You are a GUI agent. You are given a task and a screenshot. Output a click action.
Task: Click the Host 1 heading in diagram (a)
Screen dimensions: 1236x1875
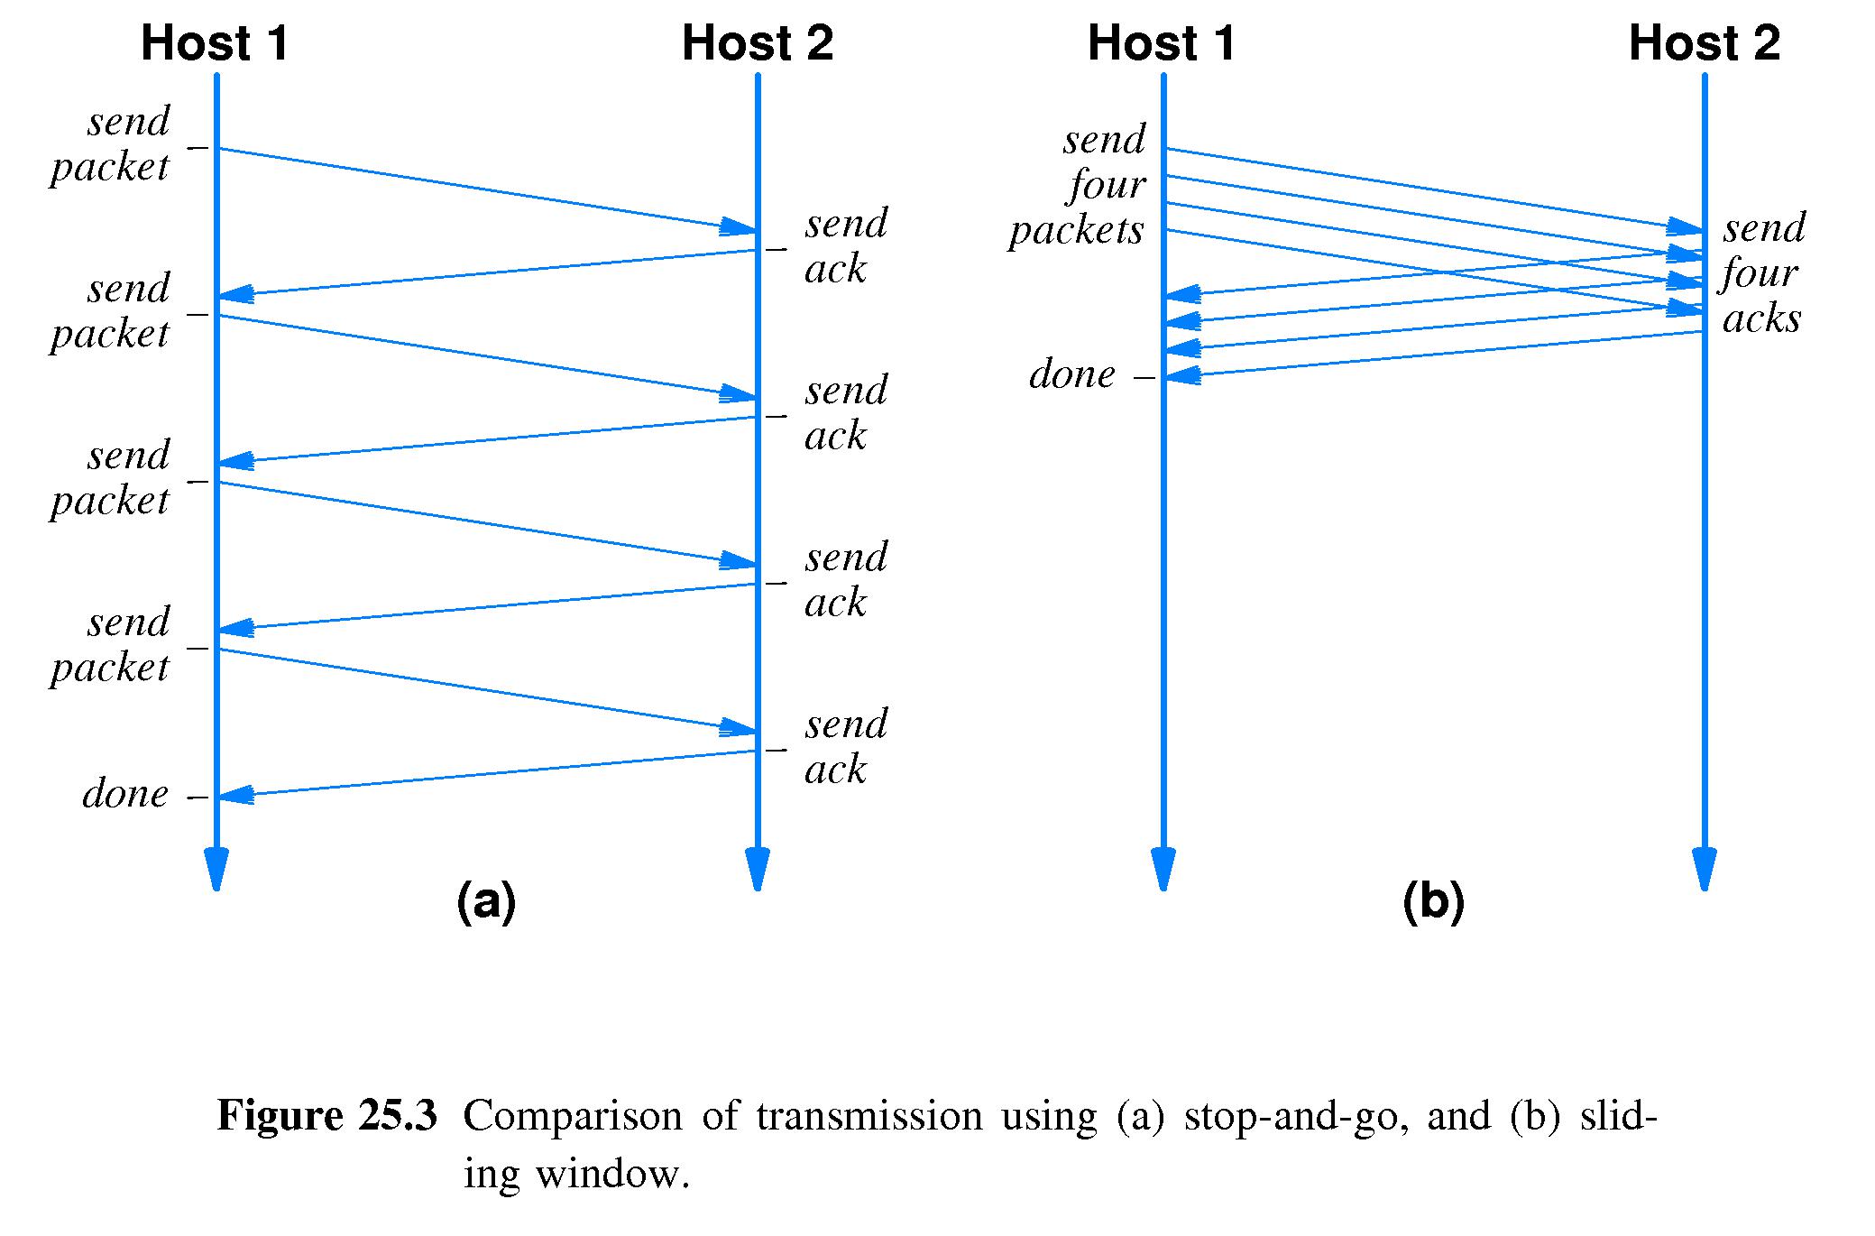pos(215,43)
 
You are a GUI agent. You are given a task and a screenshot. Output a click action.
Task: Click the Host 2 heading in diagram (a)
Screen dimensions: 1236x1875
pos(758,43)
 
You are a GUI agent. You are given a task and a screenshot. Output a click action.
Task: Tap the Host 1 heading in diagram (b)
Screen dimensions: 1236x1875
pos(1162,43)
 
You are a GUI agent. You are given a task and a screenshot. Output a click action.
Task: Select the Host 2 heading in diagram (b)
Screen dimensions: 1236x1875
pos(1705,43)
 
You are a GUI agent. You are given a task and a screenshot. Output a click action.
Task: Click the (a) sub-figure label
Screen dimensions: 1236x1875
pos(486,901)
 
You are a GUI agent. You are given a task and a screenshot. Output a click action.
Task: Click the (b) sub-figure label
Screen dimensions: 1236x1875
pos(1433,901)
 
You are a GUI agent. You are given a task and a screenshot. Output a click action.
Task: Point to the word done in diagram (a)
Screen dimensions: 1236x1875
pos(125,794)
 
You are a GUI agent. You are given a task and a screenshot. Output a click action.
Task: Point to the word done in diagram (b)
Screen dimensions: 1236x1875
pos(1072,374)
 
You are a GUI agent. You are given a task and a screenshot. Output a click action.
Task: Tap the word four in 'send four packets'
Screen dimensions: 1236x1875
pos(1107,185)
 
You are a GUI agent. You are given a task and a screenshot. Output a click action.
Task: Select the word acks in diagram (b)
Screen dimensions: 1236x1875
pos(1761,318)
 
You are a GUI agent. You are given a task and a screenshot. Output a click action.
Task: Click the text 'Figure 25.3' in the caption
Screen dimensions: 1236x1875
pos(326,1117)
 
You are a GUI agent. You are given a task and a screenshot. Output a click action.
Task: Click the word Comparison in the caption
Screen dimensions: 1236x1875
pos(574,1117)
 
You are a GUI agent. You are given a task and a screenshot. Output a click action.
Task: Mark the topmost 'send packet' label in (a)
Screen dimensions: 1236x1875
pos(110,144)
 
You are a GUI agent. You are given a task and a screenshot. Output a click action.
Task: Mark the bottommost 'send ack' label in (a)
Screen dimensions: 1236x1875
pos(846,747)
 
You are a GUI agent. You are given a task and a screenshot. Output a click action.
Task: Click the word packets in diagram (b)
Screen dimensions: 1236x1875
pos(1076,230)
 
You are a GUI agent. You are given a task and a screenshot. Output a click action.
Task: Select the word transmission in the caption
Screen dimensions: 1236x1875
pos(869,1117)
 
